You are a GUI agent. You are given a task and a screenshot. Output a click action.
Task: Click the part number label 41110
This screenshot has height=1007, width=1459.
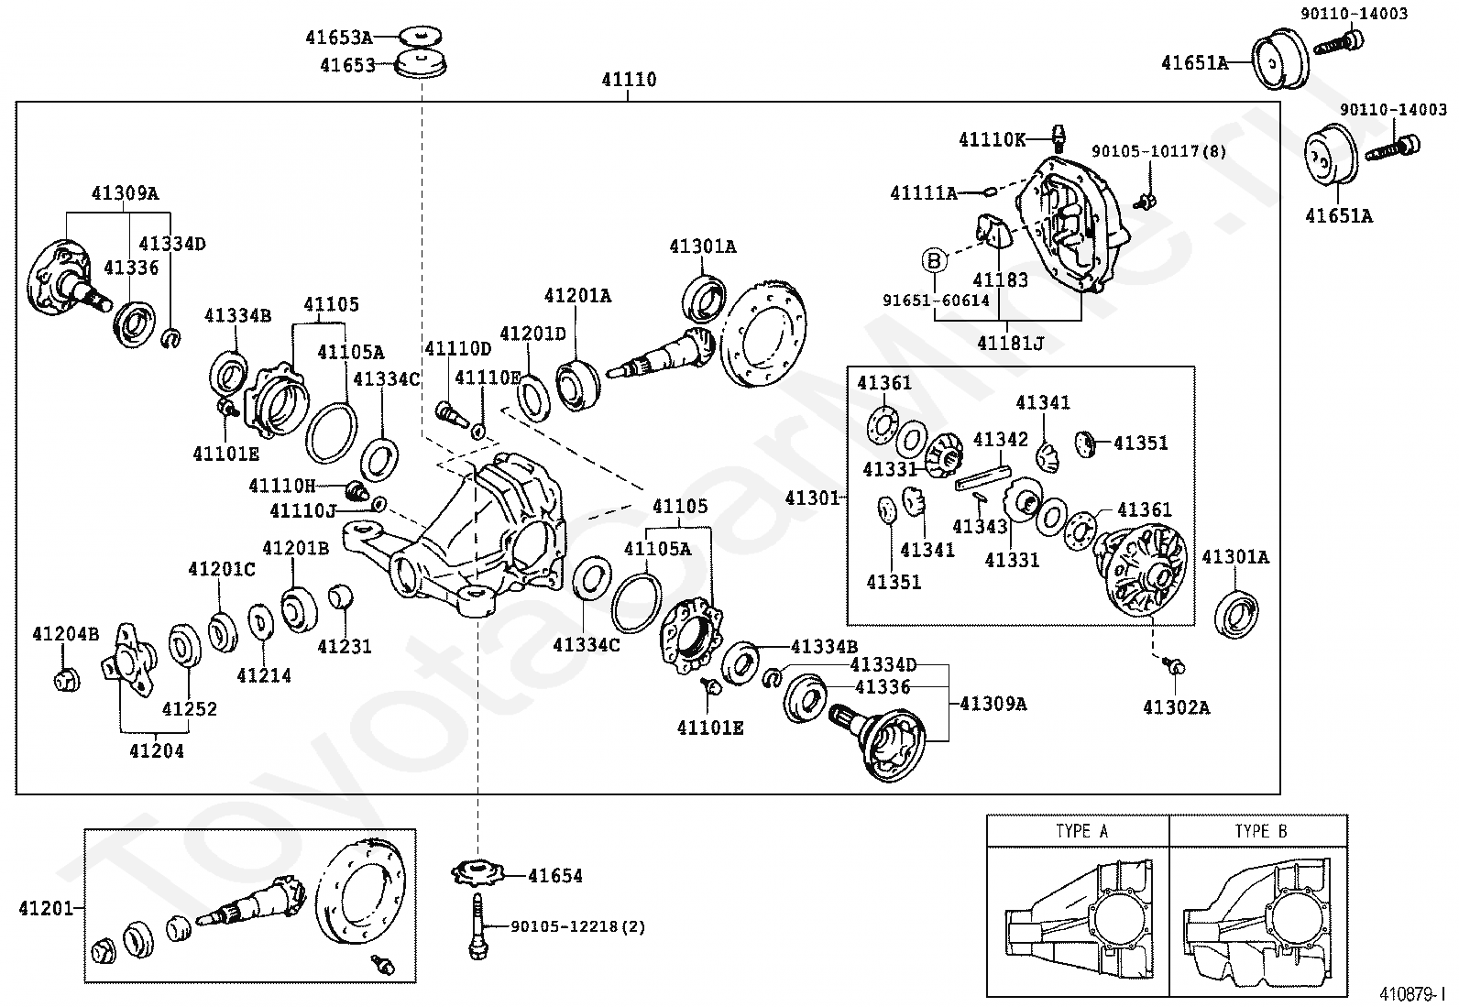tap(629, 80)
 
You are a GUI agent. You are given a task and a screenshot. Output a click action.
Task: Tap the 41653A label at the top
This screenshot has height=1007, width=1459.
tap(339, 38)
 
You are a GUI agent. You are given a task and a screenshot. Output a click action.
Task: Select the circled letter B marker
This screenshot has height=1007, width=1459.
tap(934, 261)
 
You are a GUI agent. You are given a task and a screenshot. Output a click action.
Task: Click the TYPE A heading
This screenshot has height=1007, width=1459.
tap(1081, 831)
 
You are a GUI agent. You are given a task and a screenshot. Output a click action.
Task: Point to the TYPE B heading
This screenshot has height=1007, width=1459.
tap(1261, 831)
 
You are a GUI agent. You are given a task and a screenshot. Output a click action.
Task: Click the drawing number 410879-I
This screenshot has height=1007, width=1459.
tap(1408, 994)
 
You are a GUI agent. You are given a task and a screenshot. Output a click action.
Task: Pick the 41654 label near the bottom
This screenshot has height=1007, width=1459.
tap(555, 876)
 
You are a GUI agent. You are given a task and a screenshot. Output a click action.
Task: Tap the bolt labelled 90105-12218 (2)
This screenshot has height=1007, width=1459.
tap(477, 925)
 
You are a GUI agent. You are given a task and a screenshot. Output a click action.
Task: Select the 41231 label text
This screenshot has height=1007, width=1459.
tap(345, 647)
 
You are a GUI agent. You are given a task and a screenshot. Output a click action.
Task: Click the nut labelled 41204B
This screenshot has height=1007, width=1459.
tap(67, 681)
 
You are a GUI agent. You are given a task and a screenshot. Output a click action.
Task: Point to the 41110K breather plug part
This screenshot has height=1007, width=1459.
tap(1059, 138)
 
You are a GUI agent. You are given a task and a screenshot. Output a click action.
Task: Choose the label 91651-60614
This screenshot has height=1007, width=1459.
tap(936, 301)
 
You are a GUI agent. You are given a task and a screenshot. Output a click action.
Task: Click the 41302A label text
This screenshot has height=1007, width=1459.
tap(1177, 708)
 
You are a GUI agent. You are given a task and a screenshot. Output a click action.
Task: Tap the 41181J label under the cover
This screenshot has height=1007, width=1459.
tap(1010, 343)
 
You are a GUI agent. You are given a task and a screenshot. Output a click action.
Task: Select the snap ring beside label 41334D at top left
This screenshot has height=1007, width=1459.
tap(171, 339)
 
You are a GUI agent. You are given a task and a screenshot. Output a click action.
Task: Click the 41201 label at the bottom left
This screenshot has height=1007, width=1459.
tap(46, 908)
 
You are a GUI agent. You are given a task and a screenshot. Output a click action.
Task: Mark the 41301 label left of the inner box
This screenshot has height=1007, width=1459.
tap(812, 498)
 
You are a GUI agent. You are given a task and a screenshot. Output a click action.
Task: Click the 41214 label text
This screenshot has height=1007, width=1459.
tap(264, 675)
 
